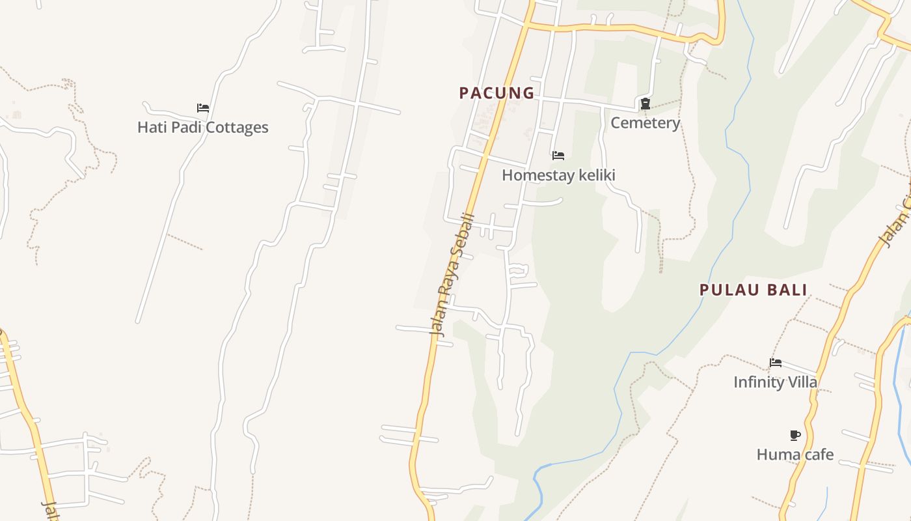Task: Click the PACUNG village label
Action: pyautogui.click(x=496, y=93)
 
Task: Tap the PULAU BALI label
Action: pyautogui.click(x=753, y=290)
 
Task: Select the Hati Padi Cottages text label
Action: pyautogui.click(x=202, y=127)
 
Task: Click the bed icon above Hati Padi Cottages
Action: pyautogui.click(x=203, y=108)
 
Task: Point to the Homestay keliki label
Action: pyautogui.click(x=558, y=175)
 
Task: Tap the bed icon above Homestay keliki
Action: pyautogui.click(x=558, y=156)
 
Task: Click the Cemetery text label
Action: pyautogui.click(x=645, y=123)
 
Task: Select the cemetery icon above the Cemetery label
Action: pyautogui.click(x=645, y=104)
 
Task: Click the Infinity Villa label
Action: pyautogui.click(x=775, y=382)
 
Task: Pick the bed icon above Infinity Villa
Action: pyautogui.click(x=775, y=363)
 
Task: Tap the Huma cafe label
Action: pyautogui.click(x=795, y=455)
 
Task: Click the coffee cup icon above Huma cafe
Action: pyautogui.click(x=795, y=435)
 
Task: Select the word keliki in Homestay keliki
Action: pyautogui.click(x=595, y=175)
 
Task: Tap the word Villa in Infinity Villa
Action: pyautogui.click(x=803, y=382)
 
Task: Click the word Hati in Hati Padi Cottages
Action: pyautogui.click(x=150, y=127)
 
